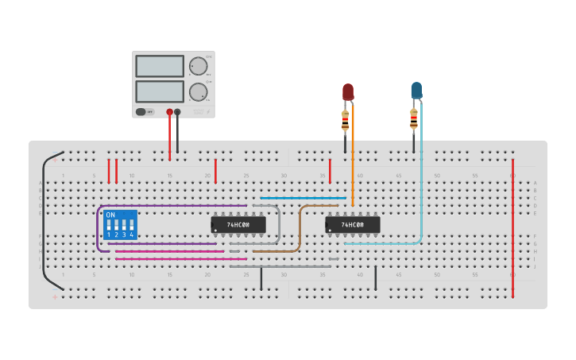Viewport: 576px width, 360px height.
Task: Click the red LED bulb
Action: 348,91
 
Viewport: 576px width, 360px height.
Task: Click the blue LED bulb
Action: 416,90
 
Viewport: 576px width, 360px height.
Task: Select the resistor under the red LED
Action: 345,121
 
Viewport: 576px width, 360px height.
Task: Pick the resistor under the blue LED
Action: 413,119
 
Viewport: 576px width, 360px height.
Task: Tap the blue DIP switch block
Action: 120,225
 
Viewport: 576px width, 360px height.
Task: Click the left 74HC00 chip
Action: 238,225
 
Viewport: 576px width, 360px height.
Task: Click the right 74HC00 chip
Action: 353,225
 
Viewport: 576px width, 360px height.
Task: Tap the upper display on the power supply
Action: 160,66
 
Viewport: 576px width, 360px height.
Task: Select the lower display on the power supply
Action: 160,91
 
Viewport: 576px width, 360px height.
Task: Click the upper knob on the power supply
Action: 197,66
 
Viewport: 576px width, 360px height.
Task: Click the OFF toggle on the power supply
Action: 145,112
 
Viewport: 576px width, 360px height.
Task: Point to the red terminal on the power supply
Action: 169,112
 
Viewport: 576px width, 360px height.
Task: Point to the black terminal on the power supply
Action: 177,112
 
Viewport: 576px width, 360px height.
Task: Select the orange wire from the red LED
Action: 352,159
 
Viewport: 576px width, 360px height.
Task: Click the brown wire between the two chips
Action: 300,230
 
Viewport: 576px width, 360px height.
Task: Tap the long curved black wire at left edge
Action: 43,223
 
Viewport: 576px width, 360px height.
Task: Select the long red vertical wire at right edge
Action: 512,230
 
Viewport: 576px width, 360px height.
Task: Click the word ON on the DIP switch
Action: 110,215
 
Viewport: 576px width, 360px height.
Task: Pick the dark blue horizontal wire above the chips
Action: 302,198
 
